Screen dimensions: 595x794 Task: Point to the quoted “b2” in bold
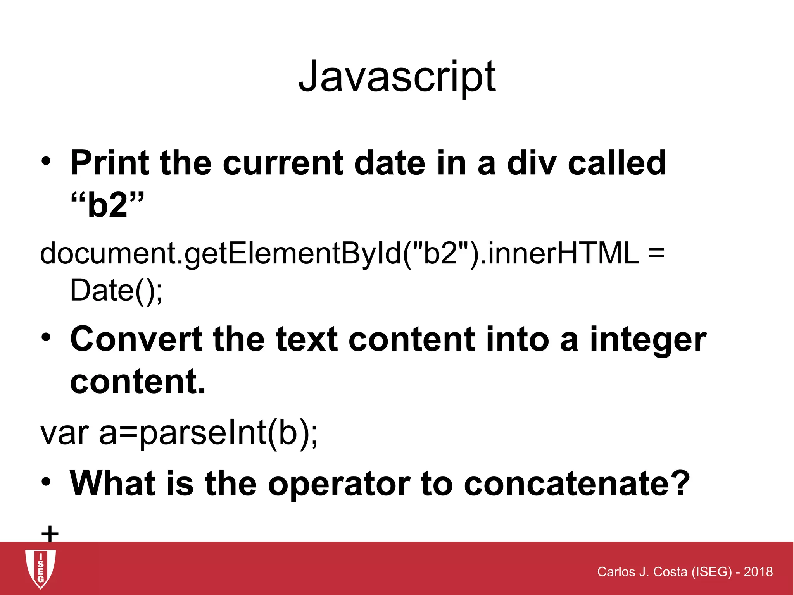coord(107,205)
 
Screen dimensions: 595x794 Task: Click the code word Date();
coord(116,290)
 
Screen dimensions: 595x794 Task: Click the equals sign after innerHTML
coord(656,253)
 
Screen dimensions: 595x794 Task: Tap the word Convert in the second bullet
coord(136,339)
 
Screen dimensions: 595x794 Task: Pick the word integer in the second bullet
coord(648,339)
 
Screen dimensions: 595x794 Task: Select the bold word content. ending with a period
coord(138,382)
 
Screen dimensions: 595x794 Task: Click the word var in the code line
coord(64,433)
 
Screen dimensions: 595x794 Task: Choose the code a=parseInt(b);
coord(208,433)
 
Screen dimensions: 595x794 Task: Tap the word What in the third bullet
coord(112,483)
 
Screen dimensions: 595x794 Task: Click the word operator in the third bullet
coord(339,483)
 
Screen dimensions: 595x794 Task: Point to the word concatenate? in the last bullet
coord(577,483)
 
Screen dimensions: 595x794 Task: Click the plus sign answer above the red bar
coord(50,534)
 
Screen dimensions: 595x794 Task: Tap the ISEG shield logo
coord(40,568)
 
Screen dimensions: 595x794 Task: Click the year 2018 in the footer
coord(758,572)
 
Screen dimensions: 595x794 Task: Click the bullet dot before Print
coord(46,163)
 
